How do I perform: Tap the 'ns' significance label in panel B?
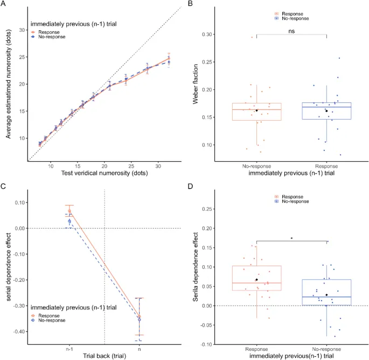(x=291, y=31)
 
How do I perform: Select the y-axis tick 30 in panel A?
(x=23, y=30)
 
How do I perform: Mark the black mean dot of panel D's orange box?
(x=257, y=280)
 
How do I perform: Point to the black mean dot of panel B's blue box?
(x=326, y=111)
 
